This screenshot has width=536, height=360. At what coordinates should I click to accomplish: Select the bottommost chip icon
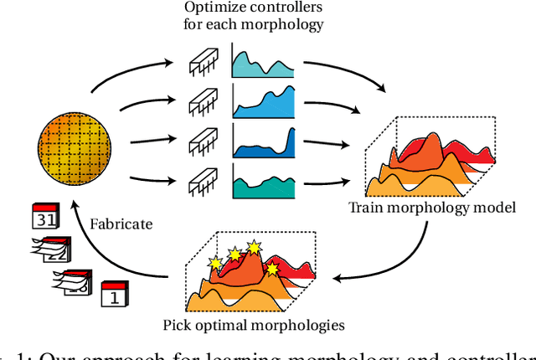click(202, 179)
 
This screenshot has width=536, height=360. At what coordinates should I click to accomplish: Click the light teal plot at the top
click(263, 64)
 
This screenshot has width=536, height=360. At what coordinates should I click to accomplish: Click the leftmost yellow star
click(215, 263)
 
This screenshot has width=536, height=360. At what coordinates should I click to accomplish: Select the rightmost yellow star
click(273, 269)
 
